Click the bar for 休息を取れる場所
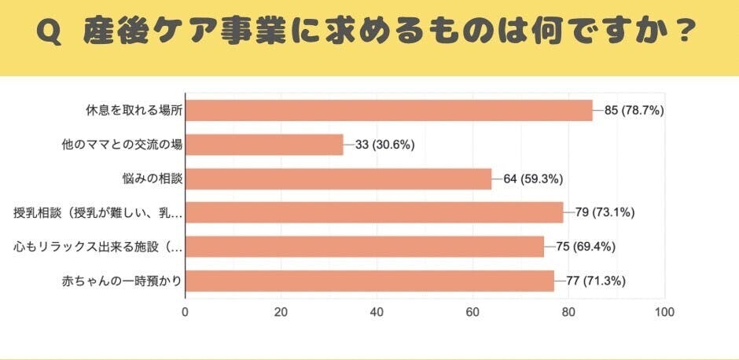[x=388, y=110]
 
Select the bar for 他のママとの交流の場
[x=264, y=145]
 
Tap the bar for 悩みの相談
[x=338, y=178]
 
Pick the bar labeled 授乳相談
[x=374, y=212]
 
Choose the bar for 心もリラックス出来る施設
[x=365, y=246]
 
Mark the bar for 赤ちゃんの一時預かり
[x=369, y=281]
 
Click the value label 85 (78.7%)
[x=634, y=111]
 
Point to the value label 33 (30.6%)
[x=384, y=145]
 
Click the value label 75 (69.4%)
[x=586, y=246]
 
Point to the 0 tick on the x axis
[x=185, y=311]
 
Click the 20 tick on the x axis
[x=281, y=311]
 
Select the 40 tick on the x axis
[x=377, y=311]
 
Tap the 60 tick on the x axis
[x=472, y=311]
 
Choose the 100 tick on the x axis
[x=664, y=311]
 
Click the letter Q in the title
[x=49, y=31]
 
